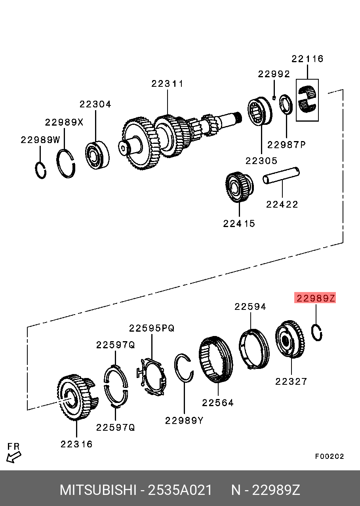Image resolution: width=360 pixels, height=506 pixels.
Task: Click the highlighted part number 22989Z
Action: click(315, 298)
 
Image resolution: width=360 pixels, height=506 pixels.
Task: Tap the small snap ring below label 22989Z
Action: click(316, 332)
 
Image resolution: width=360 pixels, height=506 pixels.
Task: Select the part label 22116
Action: click(307, 59)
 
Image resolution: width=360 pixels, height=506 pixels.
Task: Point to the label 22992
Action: click(274, 74)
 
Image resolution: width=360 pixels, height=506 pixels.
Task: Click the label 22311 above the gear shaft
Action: click(167, 84)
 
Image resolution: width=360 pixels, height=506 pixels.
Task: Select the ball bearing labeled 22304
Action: click(97, 155)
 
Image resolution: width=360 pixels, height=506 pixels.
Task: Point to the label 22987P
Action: click(286, 145)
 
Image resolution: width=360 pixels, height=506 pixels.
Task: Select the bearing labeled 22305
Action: click(259, 112)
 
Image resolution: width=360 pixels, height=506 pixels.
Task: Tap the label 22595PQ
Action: click(151, 328)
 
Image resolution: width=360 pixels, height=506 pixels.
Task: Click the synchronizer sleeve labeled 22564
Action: click(216, 359)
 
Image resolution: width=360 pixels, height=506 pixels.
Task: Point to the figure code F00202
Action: click(330, 456)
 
